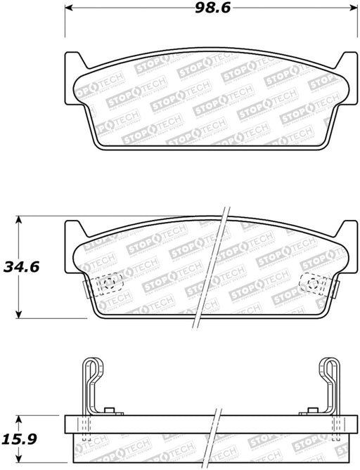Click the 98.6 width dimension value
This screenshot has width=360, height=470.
pos(213,8)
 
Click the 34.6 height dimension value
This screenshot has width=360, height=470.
pos(21,267)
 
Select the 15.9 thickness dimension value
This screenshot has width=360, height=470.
pos(19,439)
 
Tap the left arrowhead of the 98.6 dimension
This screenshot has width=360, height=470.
pos(69,8)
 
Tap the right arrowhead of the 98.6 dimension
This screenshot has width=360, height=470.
pos(354,8)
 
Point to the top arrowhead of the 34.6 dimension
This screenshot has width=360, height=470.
pos(18,220)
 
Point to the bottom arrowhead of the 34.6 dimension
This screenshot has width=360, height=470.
pos(18,314)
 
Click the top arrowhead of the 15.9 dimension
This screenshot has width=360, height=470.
pos(18,419)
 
